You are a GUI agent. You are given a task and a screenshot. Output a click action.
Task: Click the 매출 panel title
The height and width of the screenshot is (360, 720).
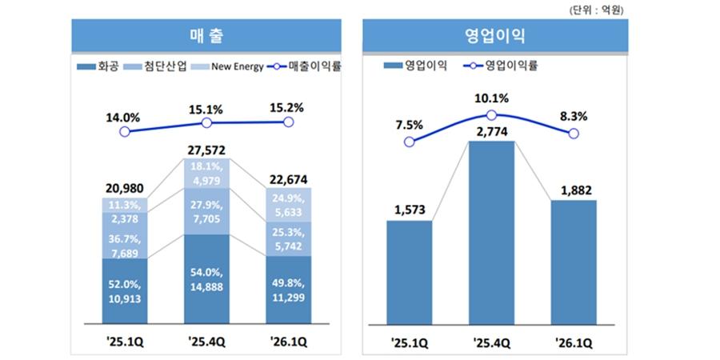(x=206, y=35)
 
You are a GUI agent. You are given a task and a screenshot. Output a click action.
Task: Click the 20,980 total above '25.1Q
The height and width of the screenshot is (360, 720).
(x=123, y=188)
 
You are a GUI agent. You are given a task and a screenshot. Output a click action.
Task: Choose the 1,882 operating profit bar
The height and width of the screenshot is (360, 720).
(x=574, y=267)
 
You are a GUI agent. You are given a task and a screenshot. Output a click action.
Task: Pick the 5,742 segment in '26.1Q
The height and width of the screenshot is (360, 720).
(x=288, y=238)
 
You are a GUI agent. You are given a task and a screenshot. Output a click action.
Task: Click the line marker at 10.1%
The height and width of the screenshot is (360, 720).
(x=491, y=116)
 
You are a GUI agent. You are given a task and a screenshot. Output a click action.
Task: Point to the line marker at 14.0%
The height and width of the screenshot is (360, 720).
(x=124, y=130)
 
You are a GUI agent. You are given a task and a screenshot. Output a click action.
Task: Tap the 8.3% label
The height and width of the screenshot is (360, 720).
(x=574, y=116)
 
